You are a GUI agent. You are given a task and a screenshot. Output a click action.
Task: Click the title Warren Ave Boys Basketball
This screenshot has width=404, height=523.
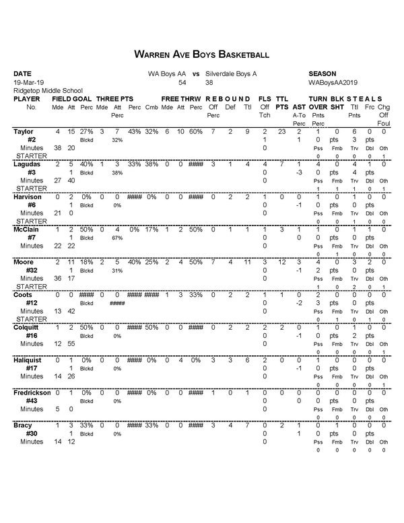(202, 53)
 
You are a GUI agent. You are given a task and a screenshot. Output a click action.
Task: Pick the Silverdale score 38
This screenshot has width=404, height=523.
(209, 81)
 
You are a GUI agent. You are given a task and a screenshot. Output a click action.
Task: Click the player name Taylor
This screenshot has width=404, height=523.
(23, 131)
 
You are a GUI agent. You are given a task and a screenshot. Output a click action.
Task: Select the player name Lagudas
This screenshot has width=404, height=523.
(27, 164)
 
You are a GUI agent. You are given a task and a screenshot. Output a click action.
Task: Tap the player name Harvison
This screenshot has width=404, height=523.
(28, 197)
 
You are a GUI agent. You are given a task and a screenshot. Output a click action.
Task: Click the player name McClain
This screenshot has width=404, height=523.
(26, 230)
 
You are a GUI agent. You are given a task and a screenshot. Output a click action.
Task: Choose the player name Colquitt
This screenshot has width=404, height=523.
(27, 328)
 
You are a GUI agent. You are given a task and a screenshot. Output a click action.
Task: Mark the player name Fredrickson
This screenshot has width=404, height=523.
(32, 393)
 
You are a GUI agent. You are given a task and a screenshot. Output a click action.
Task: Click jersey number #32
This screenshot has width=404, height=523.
(31, 271)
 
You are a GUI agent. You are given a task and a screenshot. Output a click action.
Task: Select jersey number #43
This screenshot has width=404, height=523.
(31, 401)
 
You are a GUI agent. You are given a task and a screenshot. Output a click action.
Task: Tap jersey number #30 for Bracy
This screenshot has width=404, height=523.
(31, 434)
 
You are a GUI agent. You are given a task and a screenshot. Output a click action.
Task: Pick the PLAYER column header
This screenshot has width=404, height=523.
(27, 98)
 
